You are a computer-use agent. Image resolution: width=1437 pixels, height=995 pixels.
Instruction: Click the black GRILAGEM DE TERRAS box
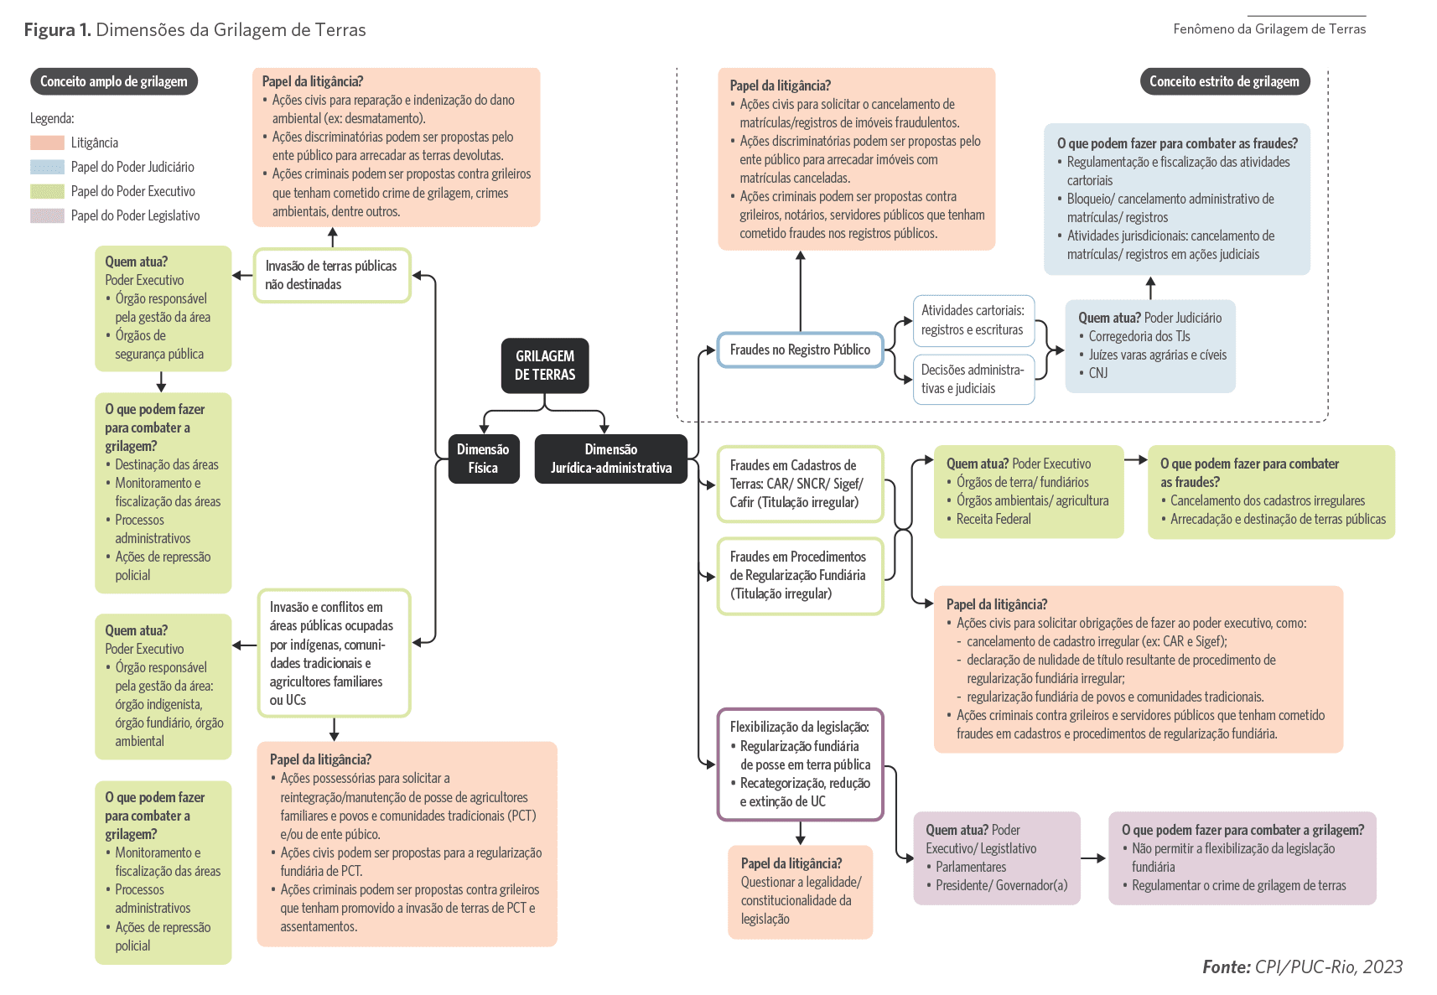point(545,365)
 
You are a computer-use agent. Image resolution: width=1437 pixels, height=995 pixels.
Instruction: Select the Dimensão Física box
point(483,459)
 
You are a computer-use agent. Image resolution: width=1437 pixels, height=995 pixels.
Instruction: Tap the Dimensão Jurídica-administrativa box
point(610,459)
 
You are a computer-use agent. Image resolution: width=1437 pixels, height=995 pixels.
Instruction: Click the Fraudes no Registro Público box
point(800,350)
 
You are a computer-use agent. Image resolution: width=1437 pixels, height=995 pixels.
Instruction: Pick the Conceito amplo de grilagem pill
point(114,81)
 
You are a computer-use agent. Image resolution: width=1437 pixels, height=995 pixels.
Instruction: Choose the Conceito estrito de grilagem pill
point(1224,81)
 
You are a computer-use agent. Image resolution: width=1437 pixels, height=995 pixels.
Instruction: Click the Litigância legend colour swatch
point(47,143)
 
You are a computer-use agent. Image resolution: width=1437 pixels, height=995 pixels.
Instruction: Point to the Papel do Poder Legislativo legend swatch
point(47,215)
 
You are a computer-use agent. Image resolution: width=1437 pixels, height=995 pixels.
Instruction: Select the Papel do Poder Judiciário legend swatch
point(47,167)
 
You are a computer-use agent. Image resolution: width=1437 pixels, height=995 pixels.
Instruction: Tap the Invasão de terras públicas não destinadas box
point(332,275)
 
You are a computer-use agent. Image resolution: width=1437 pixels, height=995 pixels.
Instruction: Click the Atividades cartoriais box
point(973,320)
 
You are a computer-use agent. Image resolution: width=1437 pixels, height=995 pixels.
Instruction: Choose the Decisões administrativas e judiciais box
point(973,379)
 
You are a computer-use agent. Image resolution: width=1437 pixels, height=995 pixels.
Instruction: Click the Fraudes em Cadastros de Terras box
point(800,484)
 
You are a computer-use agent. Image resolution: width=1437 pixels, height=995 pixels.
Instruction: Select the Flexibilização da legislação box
point(800,764)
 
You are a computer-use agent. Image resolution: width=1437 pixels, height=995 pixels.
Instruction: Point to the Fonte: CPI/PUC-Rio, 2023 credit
point(1302,966)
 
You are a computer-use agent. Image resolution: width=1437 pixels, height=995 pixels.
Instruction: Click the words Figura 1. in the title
point(57,30)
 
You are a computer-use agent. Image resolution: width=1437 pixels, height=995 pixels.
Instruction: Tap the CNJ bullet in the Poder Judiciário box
point(1097,373)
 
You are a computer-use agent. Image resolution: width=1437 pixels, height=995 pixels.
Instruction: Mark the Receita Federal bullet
point(993,519)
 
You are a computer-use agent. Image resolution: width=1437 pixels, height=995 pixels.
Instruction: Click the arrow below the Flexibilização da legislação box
point(801,833)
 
